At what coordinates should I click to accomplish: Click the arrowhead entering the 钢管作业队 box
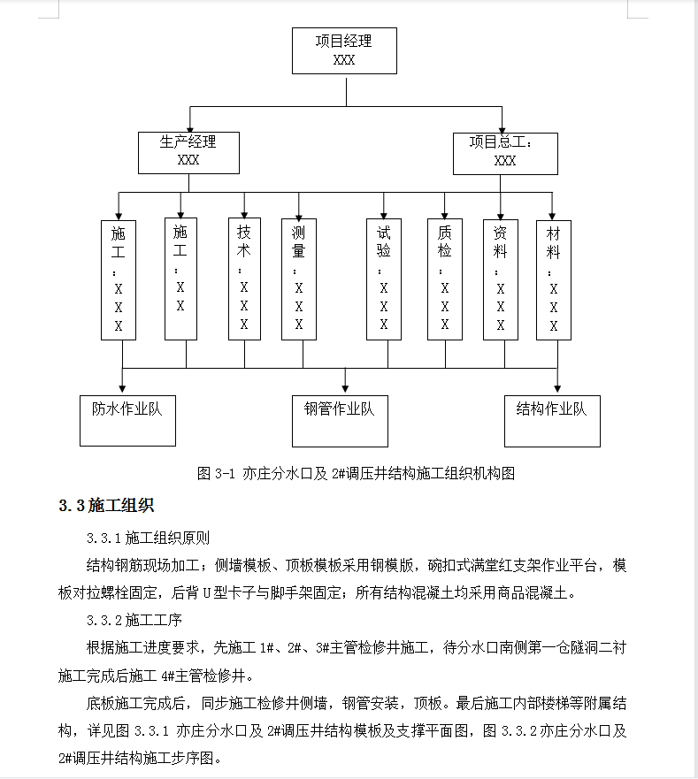click(345, 389)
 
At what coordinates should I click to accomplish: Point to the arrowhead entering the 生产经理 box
click(190, 129)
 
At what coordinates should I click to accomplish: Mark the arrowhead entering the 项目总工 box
click(502, 130)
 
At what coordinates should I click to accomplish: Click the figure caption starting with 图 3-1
click(356, 473)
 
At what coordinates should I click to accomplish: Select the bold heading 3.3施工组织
click(106, 505)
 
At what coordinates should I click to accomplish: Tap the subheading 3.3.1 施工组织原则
click(148, 538)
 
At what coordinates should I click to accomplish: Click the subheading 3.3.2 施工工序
click(134, 620)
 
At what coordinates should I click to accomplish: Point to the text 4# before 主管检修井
click(167, 676)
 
